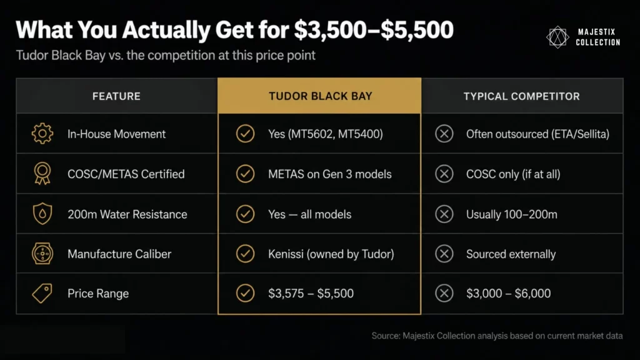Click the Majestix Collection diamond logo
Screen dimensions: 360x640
pos(557,37)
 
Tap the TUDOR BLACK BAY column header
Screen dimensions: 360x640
pos(320,96)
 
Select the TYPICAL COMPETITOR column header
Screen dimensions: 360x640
pos(521,96)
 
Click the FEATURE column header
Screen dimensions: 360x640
pos(116,96)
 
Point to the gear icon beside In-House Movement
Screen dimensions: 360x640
pos(42,134)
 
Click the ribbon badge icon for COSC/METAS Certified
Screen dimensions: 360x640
pos(42,174)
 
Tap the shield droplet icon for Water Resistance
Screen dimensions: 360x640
pos(42,214)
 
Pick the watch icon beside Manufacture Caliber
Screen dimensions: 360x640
pos(42,254)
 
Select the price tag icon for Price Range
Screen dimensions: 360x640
pos(42,294)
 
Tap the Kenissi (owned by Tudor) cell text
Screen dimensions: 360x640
pos(331,254)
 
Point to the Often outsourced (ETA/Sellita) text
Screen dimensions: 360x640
pos(537,134)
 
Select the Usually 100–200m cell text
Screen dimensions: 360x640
pos(512,214)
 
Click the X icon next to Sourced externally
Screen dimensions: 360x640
pos(444,254)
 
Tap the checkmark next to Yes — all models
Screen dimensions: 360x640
pos(245,214)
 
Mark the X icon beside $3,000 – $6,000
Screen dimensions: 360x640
pos(444,294)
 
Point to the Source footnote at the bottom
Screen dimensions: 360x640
pos(497,336)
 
